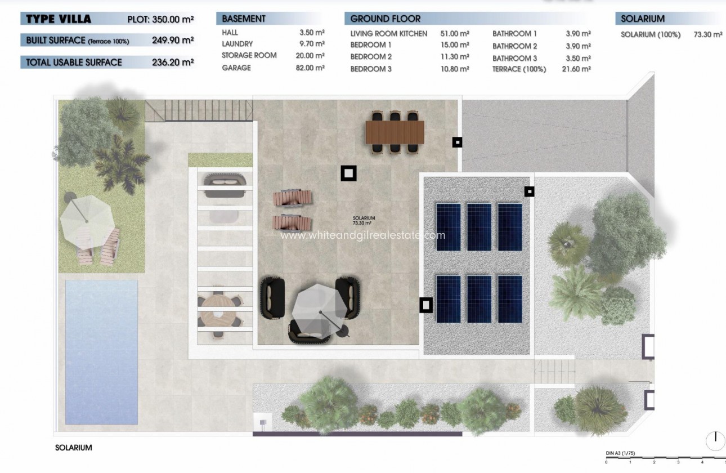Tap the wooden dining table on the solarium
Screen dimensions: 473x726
395,133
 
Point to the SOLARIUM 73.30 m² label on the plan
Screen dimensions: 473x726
364,221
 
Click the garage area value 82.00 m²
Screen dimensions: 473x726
312,68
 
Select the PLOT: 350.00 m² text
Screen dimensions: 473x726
161,19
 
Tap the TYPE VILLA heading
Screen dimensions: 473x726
59,19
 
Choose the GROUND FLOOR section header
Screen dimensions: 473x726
386,19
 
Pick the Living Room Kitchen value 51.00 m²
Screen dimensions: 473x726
455,34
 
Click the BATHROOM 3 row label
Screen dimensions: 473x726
514,58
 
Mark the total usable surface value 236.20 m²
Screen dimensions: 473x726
173,62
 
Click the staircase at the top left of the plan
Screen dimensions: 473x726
167,111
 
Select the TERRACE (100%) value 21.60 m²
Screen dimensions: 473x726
578,69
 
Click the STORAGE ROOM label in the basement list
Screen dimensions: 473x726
249,55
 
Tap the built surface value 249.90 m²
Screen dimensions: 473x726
173,41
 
